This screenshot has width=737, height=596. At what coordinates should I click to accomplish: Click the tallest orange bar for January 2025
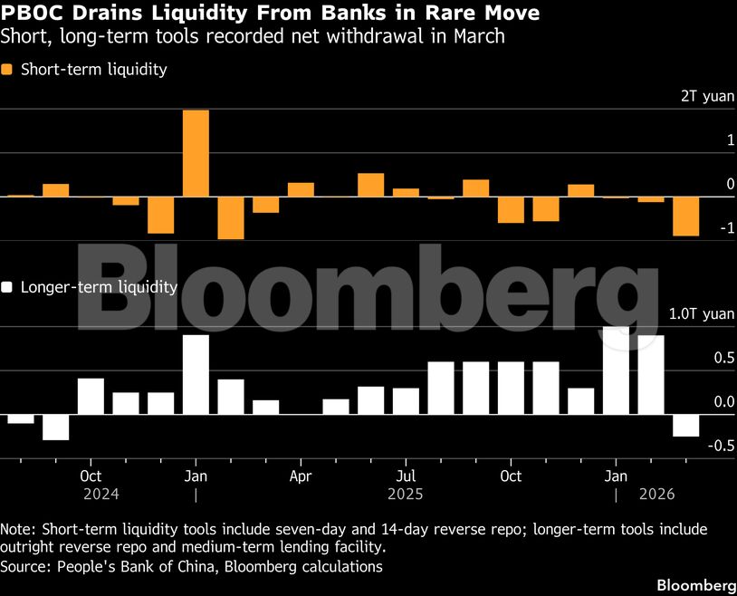[196, 152]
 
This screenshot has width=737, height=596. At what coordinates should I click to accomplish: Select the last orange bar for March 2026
[685, 216]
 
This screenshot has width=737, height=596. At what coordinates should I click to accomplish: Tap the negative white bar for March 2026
[685, 425]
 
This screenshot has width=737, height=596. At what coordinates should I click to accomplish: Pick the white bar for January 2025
[196, 374]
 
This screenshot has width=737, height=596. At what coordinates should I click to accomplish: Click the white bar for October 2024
[91, 396]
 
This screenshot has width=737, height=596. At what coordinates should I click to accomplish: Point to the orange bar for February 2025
[231, 217]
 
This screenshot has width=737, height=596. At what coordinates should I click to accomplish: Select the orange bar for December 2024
[161, 215]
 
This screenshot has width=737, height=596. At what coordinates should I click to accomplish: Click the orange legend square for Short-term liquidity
[8, 70]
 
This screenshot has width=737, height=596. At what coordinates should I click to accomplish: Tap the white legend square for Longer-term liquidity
[8, 287]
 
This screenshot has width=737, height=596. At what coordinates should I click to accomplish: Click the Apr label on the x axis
[301, 476]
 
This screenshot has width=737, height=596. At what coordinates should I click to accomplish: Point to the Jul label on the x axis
[407, 476]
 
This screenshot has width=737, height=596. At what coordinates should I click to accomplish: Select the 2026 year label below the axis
[656, 495]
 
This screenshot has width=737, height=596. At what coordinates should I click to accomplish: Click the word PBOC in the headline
[33, 14]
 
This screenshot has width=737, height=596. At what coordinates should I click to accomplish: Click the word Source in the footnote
[25, 566]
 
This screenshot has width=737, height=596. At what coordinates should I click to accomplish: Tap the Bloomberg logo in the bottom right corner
[694, 584]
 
